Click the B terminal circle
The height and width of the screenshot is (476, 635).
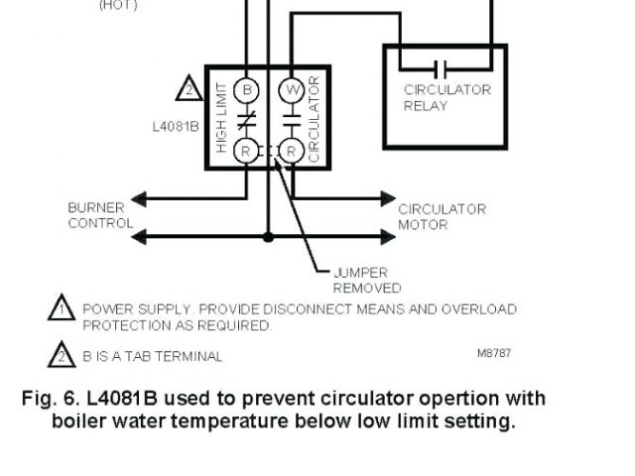(247, 89)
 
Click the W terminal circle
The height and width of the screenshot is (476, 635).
(291, 89)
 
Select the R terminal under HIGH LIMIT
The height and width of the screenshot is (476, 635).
(247, 151)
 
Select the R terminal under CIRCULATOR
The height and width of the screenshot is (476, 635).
(291, 151)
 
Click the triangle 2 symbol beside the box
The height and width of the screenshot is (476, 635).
(189, 88)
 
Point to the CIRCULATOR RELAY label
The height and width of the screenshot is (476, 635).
(446, 97)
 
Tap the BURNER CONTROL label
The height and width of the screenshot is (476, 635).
(99, 215)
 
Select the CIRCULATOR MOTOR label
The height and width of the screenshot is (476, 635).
(442, 216)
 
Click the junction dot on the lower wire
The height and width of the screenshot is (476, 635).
(268, 237)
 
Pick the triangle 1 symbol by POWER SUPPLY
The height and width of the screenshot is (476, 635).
(62, 308)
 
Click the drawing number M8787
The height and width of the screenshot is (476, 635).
(494, 353)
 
